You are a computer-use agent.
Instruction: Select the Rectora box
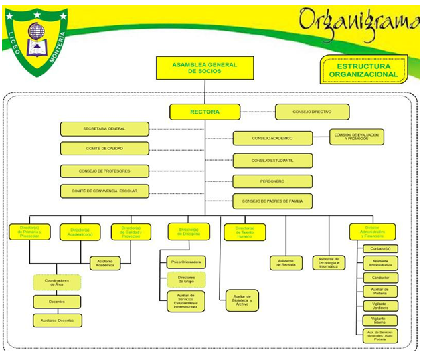[204, 112]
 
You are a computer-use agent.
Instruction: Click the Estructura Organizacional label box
[363, 70]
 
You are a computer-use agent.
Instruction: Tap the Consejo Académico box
[272, 139]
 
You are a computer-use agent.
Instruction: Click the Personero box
[272, 181]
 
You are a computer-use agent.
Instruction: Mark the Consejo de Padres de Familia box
[272, 200]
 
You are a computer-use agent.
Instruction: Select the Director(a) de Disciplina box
[189, 232]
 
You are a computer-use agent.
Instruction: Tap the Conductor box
[380, 277]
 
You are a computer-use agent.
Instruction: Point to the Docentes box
[57, 302]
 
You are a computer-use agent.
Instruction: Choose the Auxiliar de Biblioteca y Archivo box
[242, 300]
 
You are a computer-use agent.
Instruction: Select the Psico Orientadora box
[187, 262]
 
